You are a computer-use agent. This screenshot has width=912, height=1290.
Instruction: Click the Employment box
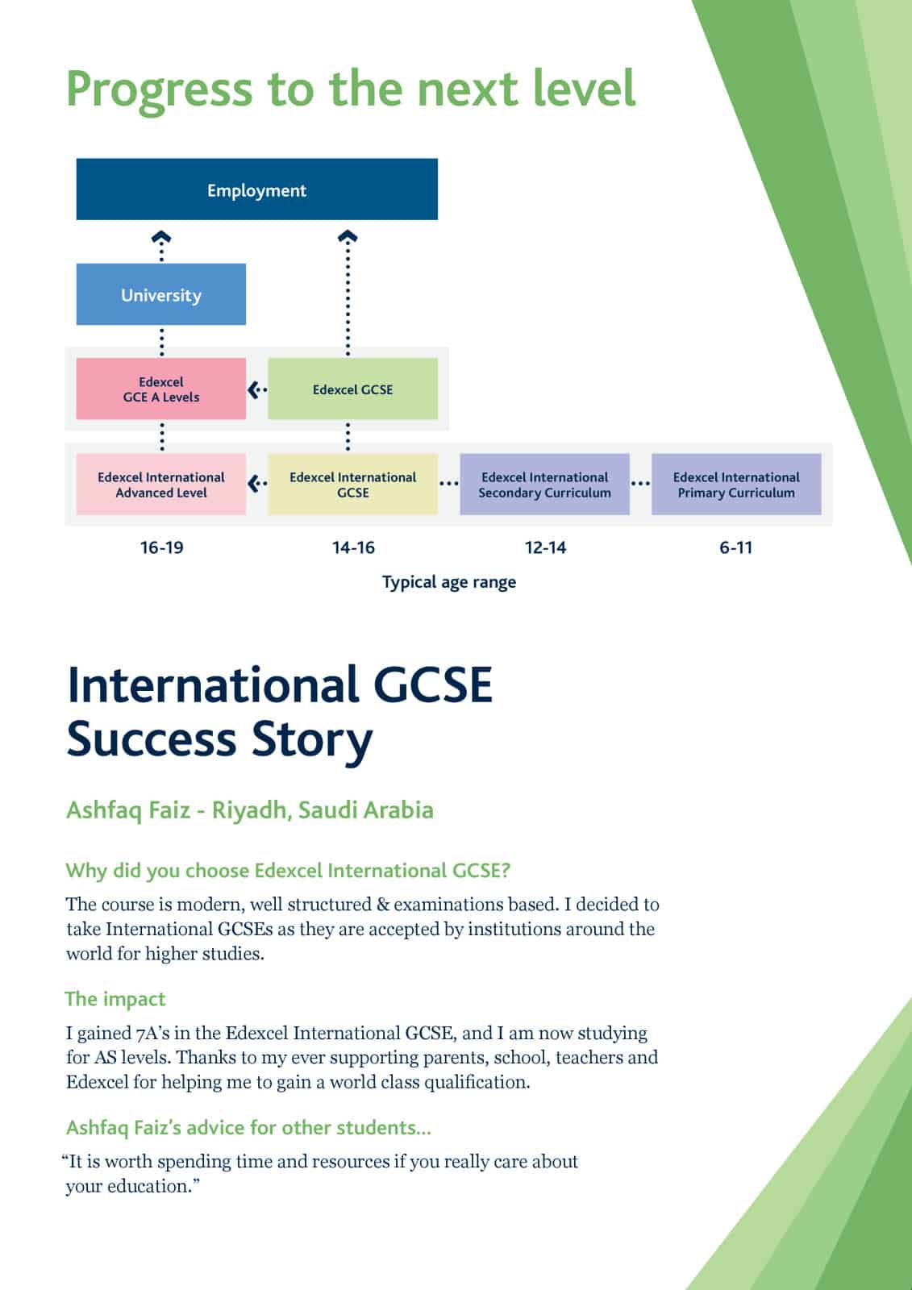(x=256, y=189)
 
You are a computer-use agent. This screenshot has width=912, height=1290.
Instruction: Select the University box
(x=160, y=294)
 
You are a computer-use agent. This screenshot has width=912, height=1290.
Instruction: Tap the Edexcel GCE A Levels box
(x=160, y=389)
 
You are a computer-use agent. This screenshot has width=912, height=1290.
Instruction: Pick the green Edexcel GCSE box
(x=352, y=389)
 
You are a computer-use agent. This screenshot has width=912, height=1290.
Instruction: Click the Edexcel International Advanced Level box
(x=160, y=484)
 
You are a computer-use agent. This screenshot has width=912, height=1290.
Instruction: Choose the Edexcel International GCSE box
(x=352, y=484)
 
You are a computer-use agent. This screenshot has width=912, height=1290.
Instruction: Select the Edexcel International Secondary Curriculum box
(x=544, y=484)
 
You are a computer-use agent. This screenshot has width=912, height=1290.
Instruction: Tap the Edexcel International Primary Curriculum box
(x=735, y=484)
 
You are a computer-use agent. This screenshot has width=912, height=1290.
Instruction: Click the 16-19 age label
(x=161, y=547)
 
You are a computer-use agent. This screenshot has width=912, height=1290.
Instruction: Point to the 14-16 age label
(x=353, y=547)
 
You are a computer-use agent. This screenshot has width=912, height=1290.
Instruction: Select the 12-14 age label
(x=545, y=547)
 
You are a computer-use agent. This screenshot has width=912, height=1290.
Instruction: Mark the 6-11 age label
(x=735, y=547)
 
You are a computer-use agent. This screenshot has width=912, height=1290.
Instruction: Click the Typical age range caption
(x=448, y=582)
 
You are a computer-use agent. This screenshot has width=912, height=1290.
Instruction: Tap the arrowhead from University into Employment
(x=162, y=238)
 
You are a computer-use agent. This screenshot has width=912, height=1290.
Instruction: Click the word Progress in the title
(x=159, y=89)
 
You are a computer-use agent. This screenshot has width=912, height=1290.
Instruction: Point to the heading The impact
(x=115, y=999)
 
